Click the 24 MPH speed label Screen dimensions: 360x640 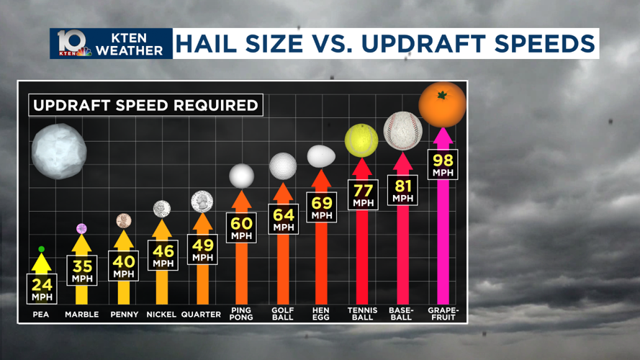click(42, 288)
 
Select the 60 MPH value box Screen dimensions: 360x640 click(242, 228)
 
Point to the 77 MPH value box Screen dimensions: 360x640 click(363, 194)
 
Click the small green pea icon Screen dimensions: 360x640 click(42, 249)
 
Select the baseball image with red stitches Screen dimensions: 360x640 click(403, 130)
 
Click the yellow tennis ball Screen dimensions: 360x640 click(361, 140)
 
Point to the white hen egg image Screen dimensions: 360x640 click(321, 156)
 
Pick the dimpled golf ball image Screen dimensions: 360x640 click(283, 166)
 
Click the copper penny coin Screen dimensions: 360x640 click(124, 220)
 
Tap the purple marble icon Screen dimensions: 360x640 click(82, 229)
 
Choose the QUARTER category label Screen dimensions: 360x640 click(201, 315)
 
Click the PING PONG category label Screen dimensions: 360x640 click(242, 314)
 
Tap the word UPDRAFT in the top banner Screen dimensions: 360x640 click(432, 44)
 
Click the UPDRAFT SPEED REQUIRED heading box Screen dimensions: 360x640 click(145, 105)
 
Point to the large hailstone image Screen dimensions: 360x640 click(58, 151)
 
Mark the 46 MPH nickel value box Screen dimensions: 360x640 click(163, 255)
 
